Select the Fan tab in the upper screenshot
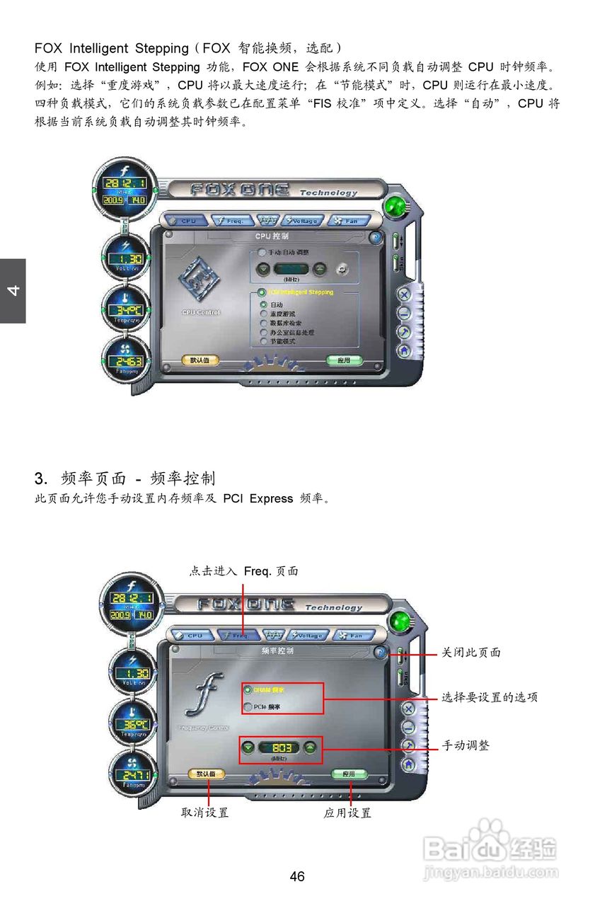[349, 221]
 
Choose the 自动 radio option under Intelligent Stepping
[263, 305]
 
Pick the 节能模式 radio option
[263, 341]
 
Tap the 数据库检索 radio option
[263, 323]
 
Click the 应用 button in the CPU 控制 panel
[344, 360]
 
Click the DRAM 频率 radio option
[248, 689]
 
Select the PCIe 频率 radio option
[248, 706]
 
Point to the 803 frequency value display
[280, 748]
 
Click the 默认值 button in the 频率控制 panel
[206, 774]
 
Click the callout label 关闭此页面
[471, 653]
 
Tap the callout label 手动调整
[466, 745]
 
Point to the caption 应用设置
[347, 813]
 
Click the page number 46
[297, 876]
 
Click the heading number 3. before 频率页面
[41, 478]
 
